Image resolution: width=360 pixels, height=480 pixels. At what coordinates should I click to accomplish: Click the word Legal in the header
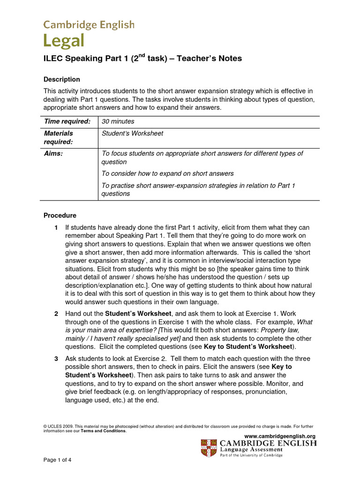pyautogui.click(x=64, y=41)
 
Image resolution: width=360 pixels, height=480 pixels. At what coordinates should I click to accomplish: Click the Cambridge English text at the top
pyautogui.click(x=89, y=24)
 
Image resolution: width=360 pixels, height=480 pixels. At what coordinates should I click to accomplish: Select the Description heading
pyautogui.click(x=61, y=79)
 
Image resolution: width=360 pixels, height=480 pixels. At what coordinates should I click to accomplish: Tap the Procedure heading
pyautogui.click(x=60, y=216)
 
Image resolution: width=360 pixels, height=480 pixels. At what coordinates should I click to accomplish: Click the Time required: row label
pyautogui.click(x=67, y=121)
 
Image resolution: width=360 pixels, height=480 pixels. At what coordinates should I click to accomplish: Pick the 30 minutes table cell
pyautogui.click(x=115, y=121)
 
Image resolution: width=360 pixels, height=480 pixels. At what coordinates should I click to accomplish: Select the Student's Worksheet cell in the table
pyautogui.click(x=133, y=134)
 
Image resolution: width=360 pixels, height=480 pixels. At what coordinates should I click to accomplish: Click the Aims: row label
pyautogui.click(x=53, y=153)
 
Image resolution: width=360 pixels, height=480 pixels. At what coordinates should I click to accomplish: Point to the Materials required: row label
pyautogui.click(x=59, y=137)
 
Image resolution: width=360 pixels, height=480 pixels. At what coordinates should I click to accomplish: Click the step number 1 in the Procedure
pyautogui.click(x=56, y=227)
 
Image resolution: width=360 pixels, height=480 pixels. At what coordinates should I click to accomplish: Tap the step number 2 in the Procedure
pyautogui.click(x=56, y=313)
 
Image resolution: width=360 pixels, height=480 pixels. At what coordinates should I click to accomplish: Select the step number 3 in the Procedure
pyautogui.click(x=56, y=359)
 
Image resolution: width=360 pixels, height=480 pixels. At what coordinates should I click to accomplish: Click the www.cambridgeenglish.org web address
pyautogui.click(x=280, y=436)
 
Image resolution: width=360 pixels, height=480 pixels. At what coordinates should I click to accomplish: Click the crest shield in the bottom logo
pyautogui.click(x=209, y=448)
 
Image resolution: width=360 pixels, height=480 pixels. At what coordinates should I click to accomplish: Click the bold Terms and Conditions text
pyautogui.click(x=103, y=431)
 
